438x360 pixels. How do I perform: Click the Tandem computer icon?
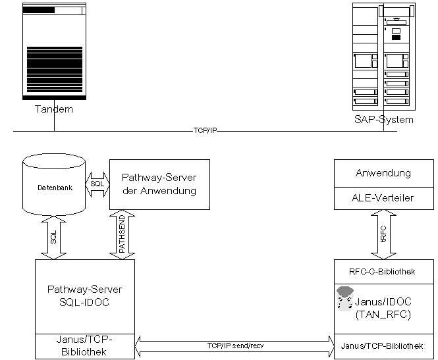click(54, 51)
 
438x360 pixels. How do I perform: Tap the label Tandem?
click(54, 109)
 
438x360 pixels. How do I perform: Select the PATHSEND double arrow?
click(121, 235)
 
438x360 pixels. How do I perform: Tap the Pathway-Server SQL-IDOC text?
click(84, 296)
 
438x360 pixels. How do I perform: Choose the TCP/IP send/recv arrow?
click(235, 344)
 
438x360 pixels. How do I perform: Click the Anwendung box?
click(383, 173)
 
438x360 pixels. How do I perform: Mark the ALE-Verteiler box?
click(383, 198)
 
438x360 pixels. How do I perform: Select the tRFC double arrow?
click(383, 235)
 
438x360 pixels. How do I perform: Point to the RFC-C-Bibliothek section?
click(383, 270)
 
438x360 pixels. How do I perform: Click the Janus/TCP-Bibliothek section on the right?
click(383, 345)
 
